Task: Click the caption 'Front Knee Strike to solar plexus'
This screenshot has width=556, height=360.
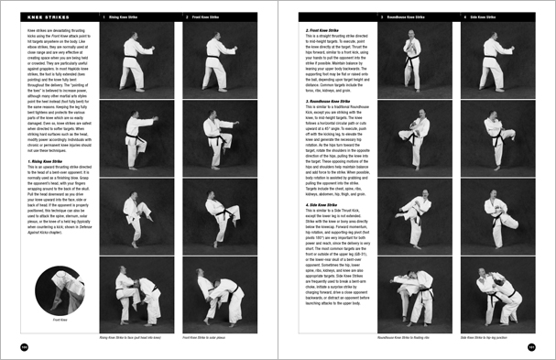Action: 212,338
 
